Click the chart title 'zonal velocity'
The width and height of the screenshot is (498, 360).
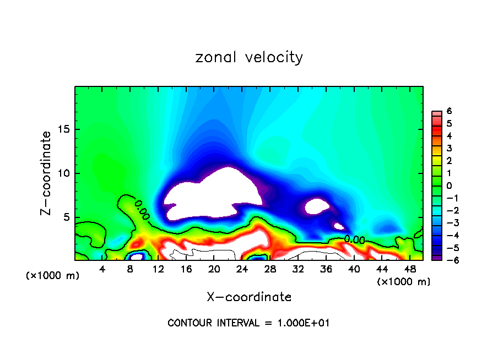(x=249, y=57)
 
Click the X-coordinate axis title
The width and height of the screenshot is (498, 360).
(x=249, y=297)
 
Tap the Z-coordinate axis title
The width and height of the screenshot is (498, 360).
(x=47, y=173)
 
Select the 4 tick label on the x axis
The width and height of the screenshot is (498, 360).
(x=102, y=269)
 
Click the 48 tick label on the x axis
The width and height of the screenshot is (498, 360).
(x=409, y=269)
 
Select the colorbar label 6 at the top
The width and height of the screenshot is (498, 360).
(x=449, y=111)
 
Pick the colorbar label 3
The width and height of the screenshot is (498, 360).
(x=449, y=148)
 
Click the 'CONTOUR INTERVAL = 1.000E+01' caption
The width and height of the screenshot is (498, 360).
(x=249, y=323)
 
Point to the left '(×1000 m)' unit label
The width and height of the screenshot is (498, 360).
(x=53, y=276)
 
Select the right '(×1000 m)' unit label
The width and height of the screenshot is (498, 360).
(x=404, y=282)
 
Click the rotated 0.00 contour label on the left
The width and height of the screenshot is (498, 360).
(x=142, y=210)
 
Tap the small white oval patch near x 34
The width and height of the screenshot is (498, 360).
(x=317, y=206)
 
